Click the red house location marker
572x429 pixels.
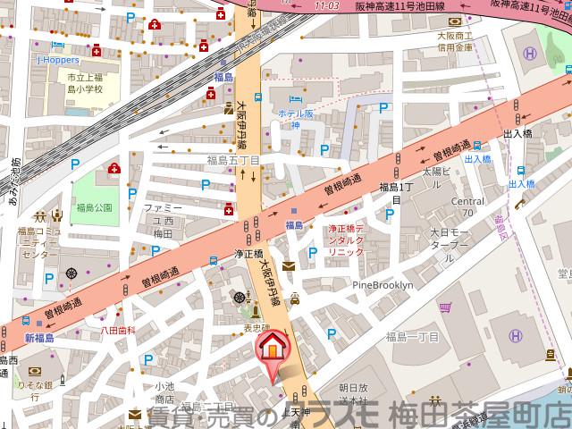point(272,347)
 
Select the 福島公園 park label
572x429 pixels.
point(94,207)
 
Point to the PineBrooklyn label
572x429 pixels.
point(383,284)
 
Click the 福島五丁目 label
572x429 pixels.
point(232,160)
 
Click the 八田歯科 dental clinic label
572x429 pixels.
point(117,330)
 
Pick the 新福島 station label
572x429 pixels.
point(39,338)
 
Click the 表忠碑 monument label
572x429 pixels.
point(255,328)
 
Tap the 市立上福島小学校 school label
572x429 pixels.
point(88,85)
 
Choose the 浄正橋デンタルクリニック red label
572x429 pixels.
point(344,241)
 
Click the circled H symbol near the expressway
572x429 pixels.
point(530,55)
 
